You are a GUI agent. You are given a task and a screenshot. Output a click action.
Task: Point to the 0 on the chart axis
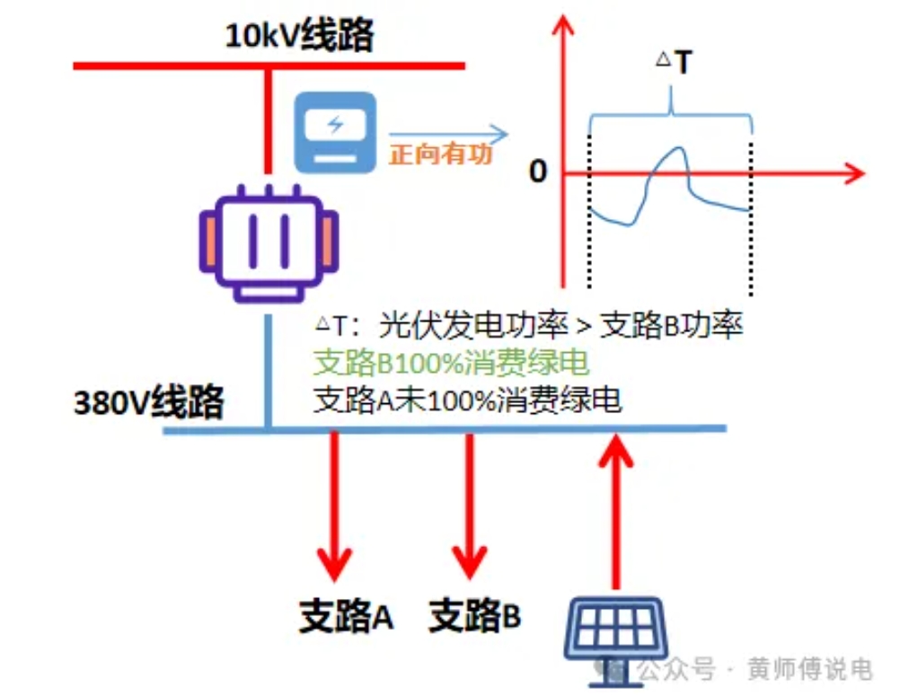click(537, 172)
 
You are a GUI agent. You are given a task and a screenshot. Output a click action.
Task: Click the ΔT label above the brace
click(674, 63)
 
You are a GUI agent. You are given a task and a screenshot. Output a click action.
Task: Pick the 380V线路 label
click(148, 401)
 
